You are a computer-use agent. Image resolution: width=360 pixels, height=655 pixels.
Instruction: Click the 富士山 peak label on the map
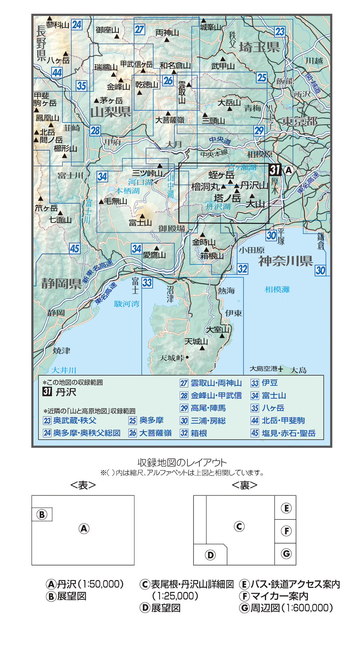click(140, 223)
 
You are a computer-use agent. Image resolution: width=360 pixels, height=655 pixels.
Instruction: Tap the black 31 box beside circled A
click(275, 170)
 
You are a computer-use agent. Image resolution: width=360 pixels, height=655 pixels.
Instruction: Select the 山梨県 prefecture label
click(111, 112)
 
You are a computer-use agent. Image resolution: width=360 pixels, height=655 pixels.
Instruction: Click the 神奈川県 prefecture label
click(285, 261)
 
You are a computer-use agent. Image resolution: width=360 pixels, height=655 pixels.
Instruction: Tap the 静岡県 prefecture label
click(62, 284)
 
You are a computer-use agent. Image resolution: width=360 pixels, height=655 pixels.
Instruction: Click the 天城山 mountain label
click(196, 341)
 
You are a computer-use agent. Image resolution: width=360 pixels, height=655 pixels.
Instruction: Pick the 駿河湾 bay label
click(126, 304)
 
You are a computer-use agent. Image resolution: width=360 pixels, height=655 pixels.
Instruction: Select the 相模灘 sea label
click(277, 289)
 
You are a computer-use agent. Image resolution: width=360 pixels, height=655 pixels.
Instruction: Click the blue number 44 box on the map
click(57, 73)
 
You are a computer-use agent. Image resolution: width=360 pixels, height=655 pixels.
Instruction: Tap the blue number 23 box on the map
click(280, 32)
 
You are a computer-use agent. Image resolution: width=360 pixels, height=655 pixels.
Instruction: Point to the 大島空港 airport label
click(264, 369)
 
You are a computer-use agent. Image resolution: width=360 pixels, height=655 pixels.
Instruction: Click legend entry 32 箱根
click(194, 433)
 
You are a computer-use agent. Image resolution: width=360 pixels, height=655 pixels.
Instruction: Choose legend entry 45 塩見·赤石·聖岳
click(283, 433)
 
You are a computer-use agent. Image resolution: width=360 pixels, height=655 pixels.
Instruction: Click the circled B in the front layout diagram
click(42, 515)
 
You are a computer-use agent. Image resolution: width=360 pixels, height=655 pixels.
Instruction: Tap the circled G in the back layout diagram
click(286, 554)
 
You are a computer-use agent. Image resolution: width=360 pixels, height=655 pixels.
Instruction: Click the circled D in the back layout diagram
click(210, 555)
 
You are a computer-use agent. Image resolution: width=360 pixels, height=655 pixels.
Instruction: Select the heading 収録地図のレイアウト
click(182, 462)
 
